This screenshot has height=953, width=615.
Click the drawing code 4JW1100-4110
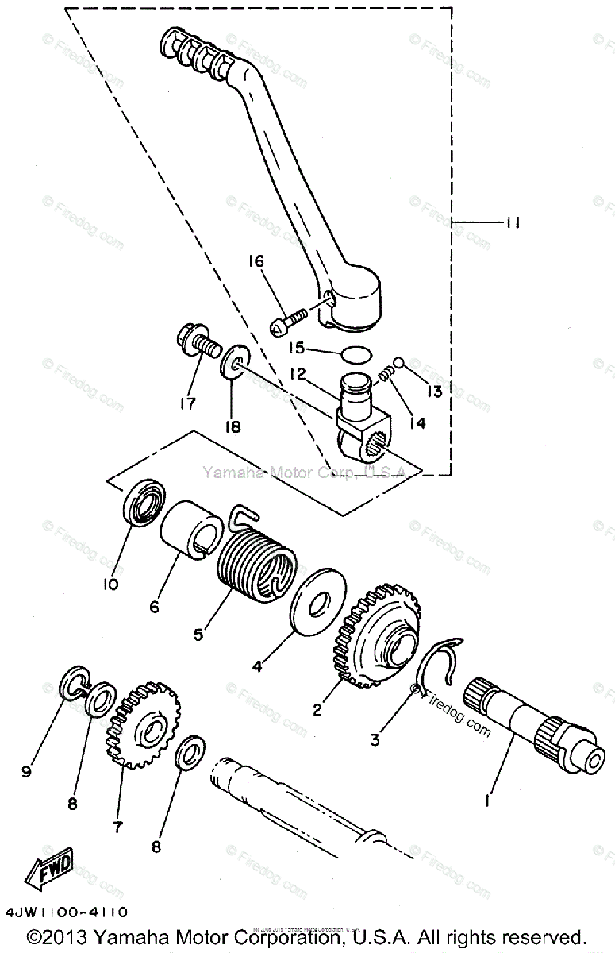point(65,912)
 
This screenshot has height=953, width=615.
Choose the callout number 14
point(417,424)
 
